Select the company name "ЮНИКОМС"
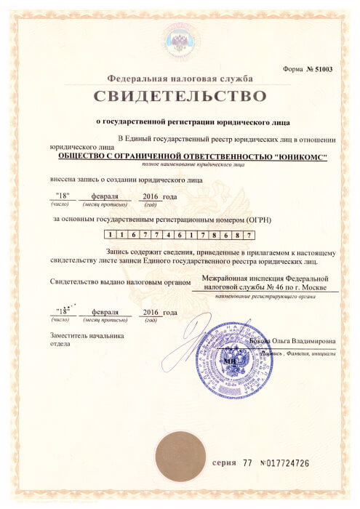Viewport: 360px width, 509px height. [299, 156]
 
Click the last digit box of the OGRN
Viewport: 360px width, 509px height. [249, 236]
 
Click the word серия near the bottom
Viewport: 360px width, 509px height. [225, 463]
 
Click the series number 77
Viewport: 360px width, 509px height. [249, 463]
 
